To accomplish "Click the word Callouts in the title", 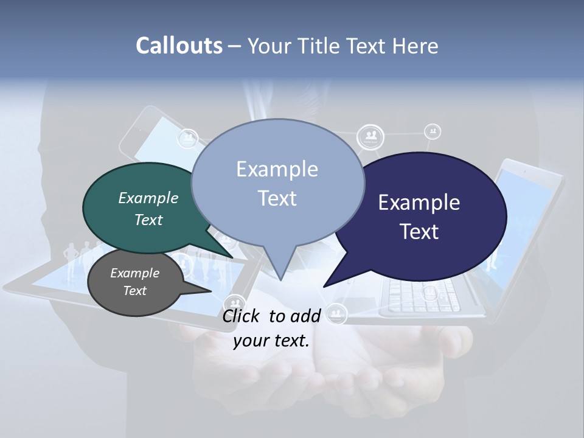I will point(179,46).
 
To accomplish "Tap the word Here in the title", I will point(415,46).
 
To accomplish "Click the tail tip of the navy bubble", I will point(324,286).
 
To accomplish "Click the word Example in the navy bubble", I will point(419,203).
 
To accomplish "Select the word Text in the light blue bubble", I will point(277,198).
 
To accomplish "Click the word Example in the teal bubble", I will point(148,198).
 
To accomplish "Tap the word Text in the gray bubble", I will point(135,291).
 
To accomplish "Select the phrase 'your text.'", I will point(271,341).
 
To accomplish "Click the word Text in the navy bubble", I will point(420,232).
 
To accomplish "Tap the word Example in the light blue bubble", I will point(277,169).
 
